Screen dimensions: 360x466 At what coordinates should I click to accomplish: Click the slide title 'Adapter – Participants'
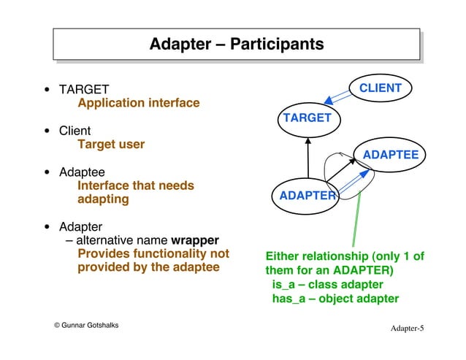[236, 45]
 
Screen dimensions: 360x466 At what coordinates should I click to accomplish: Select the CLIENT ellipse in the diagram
[379, 88]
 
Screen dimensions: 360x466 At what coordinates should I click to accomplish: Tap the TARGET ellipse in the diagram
[307, 118]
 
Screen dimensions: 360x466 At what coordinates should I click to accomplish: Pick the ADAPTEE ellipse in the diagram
[390, 155]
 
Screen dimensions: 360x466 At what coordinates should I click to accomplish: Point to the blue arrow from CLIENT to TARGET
[337, 100]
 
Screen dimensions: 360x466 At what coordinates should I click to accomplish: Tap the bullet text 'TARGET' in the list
[84, 89]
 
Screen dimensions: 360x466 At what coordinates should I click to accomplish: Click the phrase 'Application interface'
[138, 103]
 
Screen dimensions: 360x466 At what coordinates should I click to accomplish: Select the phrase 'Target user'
[111, 145]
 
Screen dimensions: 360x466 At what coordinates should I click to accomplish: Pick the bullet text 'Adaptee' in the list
[82, 172]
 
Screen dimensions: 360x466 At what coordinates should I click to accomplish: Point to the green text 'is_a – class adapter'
[326, 284]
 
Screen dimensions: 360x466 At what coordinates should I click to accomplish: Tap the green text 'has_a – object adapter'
[335, 299]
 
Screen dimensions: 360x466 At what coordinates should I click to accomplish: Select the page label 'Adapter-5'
[406, 329]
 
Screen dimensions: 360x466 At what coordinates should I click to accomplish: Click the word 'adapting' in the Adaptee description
[103, 199]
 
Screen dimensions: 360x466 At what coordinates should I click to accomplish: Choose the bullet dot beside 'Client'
[47, 132]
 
